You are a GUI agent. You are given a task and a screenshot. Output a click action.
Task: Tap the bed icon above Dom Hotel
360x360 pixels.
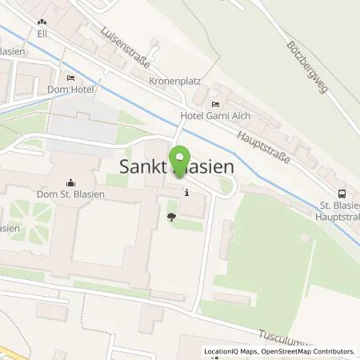point(70,78)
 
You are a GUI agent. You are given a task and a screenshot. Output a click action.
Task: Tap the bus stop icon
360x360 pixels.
point(342,192)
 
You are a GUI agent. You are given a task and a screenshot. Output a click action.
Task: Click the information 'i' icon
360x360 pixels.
point(186,192)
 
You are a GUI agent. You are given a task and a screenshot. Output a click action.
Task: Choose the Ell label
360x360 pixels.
point(42,35)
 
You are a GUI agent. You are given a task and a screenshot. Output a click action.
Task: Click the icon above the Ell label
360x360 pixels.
point(42,23)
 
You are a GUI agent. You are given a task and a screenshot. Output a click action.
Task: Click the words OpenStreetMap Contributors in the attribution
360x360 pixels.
point(307,351)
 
